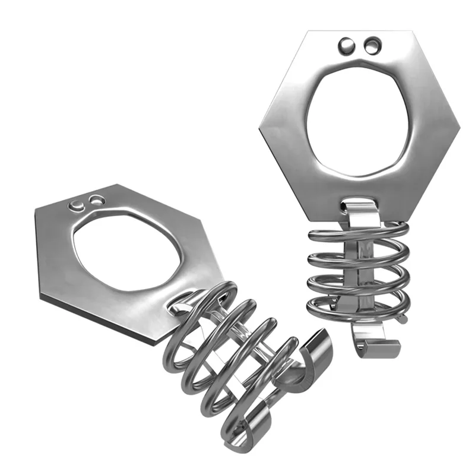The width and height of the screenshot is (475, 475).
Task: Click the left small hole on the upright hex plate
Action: point(346,44)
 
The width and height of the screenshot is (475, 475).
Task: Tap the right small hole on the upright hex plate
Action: point(372,44)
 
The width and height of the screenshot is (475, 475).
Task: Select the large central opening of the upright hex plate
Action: point(359,119)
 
